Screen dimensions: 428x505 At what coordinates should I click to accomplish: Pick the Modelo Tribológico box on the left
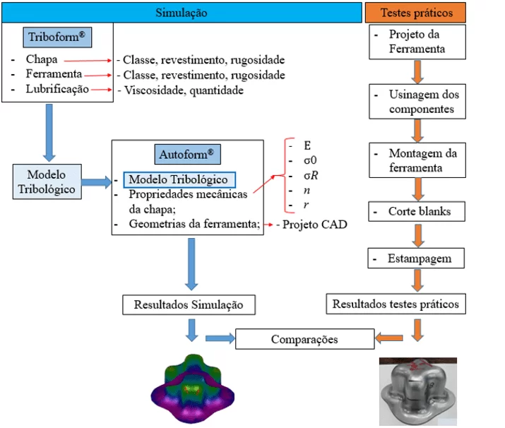coord(47,182)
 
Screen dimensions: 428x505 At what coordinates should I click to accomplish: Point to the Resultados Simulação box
coord(189,305)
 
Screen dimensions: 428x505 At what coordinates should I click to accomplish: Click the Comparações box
coord(304,340)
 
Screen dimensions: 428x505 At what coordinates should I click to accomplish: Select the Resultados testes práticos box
coord(396,304)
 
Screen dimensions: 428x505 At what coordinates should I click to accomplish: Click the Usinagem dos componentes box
coord(417,102)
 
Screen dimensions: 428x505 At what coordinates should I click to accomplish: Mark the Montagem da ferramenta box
coord(417,160)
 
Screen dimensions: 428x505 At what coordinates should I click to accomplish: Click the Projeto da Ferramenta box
coord(417,42)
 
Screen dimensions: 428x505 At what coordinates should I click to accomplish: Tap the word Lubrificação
coord(58,90)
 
